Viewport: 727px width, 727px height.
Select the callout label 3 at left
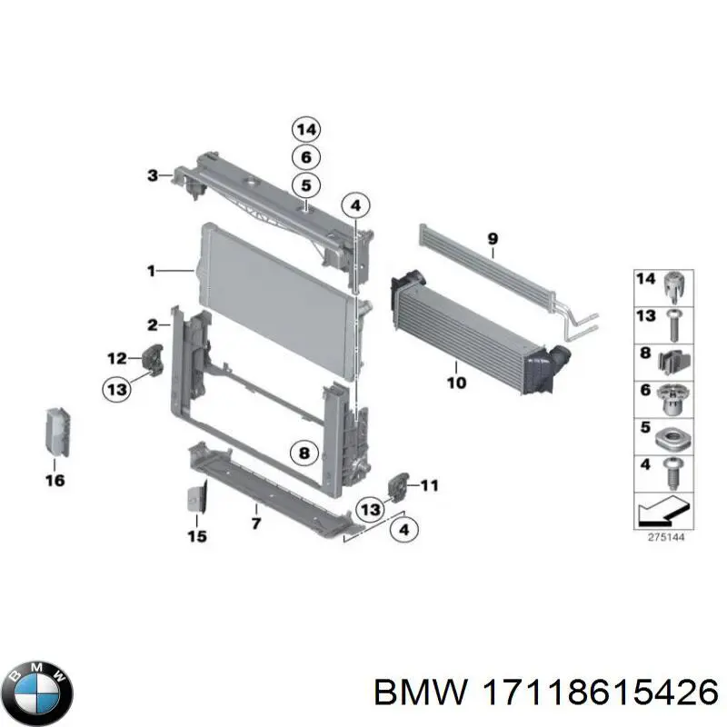tap(154, 174)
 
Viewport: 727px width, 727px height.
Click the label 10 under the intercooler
tap(456, 383)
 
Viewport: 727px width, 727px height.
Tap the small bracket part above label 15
tap(195, 498)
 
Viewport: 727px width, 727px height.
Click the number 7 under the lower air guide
tap(256, 523)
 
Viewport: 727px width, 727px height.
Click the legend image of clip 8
tap(673, 360)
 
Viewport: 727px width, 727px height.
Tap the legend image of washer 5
tap(673, 434)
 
